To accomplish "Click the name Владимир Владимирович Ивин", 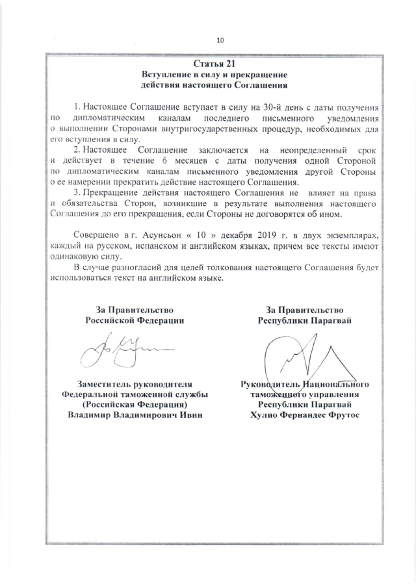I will point(135,416).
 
